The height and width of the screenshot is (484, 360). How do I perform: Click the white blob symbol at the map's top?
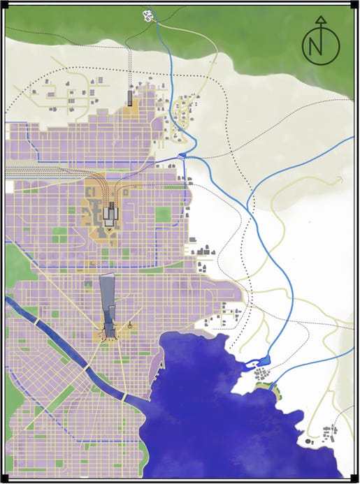coord(148,13)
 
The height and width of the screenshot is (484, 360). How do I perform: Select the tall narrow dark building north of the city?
coord(129,97)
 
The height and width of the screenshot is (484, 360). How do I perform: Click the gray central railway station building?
coord(109,212)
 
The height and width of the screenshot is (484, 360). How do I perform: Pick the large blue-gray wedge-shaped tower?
coord(108,300)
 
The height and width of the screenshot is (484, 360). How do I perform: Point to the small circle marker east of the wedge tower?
coord(131,325)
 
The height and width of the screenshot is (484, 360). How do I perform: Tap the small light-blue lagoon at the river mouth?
coord(263,360)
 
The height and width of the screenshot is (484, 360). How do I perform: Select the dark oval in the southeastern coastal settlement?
coord(308,441)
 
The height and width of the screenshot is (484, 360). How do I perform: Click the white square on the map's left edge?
coord(9,186)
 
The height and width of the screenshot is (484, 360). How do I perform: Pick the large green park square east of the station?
coord(164,214)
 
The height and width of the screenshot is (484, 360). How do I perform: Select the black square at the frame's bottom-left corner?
coord(4,479)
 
